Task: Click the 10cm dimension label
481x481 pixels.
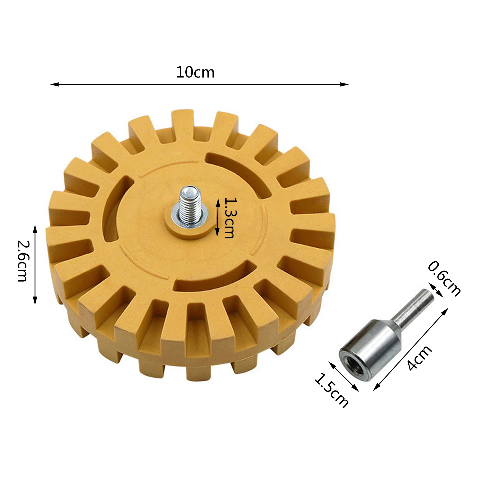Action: pos(195,72)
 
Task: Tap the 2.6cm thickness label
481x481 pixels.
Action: pos(23,261)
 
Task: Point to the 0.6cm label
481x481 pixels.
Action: pos(444,279)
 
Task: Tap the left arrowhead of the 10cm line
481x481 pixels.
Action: pos(54,84)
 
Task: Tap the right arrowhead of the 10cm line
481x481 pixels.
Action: pos(345,84)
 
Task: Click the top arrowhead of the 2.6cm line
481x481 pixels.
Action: pos(35,229)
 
